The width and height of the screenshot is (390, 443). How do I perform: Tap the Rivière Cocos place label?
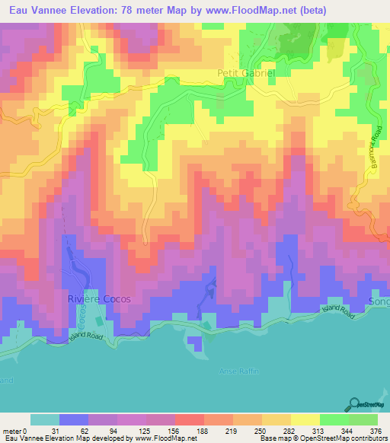pyautogui.click(x=100, y=300)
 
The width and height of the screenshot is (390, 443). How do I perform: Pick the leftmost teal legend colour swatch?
pyautogui.click(x=45, y=419)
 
